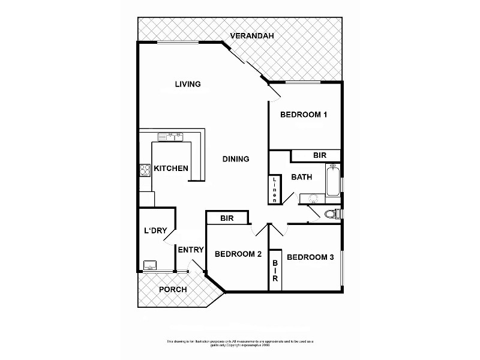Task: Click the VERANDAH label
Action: [252, 37]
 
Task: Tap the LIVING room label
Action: [187, 84]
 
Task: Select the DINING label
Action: [236, 159]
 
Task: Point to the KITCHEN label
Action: [171, 169]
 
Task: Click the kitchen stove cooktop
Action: [144, 170]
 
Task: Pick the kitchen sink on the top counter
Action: [170, 136]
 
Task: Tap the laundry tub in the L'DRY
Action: [149, 265]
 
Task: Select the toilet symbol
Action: [330, 214]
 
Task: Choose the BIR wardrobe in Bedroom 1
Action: [319, 156]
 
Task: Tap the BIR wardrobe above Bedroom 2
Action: [227, 218]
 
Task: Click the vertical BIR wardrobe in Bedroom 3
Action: [275, 271]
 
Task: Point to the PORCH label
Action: [173, 290]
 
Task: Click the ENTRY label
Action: [191, 250]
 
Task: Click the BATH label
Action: [301, 178]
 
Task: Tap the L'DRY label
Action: [155, 230]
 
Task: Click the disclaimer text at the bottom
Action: [240, 343]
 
